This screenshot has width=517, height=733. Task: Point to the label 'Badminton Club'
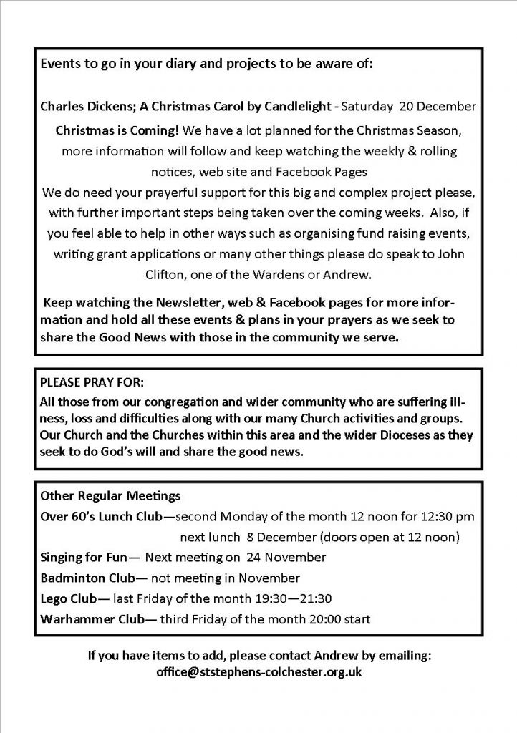[84, 577]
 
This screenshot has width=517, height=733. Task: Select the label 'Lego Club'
[68, 598]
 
